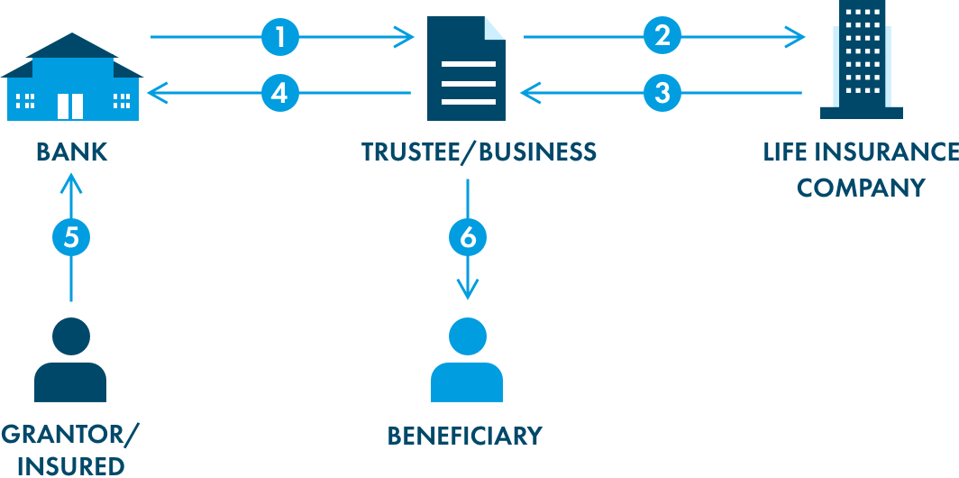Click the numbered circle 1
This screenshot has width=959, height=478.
pyautogui.click(x=280, y=37)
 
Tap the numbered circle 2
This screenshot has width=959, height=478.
pyautogui.click(x=662, y=37)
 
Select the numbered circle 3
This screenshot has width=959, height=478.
pyautogui.click(x=662, y=92)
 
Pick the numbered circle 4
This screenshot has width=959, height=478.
pyautogui.click(x=280, y=92)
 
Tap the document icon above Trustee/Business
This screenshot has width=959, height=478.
pyautogui.click(x=466, y=69)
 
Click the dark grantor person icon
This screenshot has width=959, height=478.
pyautogui.click(x=70, y=361)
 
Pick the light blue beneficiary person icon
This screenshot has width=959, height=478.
pyautogui.click(x=467, y=361)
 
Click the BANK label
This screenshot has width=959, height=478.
pyautogui.click(x=71, y=152)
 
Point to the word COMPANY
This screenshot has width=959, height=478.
pyautogui.click(x=861, y=188)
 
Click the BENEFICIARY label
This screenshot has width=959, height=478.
pyautogui.click(x=465, y=436)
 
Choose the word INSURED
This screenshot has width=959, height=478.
pyautogui.click(x=71, y=466)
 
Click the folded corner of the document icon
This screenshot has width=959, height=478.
pyautogui.click(x=495, y=29)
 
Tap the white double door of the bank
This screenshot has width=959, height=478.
pyautogui.click(x=70, y=106)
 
